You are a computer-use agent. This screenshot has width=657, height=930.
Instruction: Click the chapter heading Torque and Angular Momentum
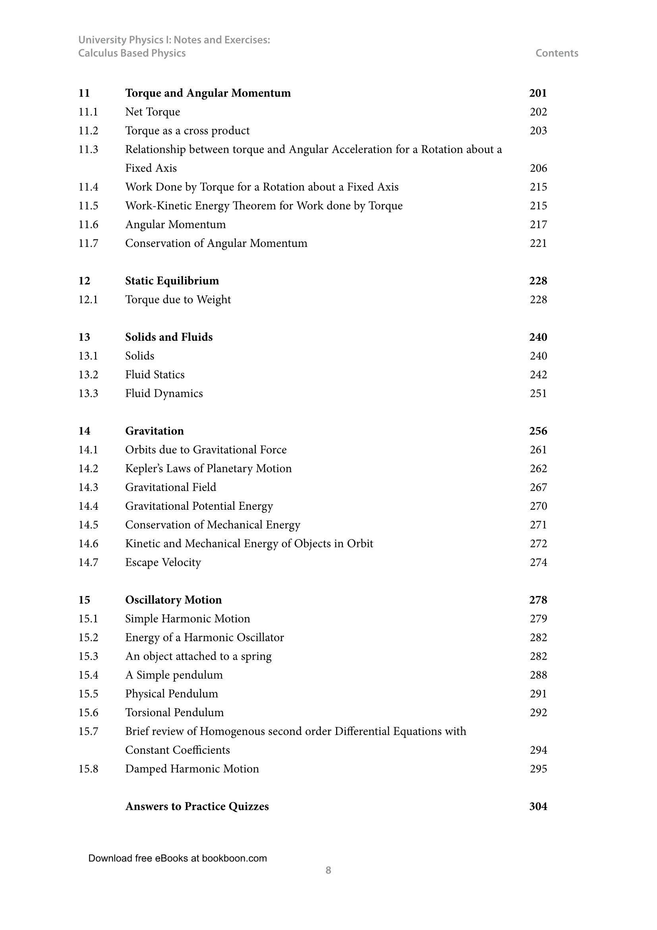click(x=207, y=93)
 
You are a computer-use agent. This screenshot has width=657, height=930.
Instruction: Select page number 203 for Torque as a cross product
click(x=538, y=131)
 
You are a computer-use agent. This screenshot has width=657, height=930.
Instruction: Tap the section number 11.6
click(x=88, y=225)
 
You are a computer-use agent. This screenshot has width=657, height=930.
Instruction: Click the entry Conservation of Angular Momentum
click(x=216, y=243)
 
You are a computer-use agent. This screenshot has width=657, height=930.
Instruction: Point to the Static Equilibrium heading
click(x=172, y=281)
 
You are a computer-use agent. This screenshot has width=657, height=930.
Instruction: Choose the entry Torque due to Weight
click(x=178, y=300)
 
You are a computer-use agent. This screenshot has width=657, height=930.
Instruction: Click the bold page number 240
click(x=538, y=338)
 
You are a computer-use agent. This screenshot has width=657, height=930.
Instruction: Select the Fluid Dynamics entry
click(x=164, y=394)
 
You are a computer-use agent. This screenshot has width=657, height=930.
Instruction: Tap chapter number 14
click(x=84, y=431)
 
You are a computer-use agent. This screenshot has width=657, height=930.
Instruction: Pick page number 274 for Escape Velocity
click(x=538, y=563)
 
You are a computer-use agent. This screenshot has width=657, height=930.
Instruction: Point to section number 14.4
click(x=88, y=506)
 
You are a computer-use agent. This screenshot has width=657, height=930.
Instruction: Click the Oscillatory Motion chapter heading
click(x=173, y=600)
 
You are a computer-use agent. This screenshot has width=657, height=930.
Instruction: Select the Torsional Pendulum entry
click(x=174, y=713)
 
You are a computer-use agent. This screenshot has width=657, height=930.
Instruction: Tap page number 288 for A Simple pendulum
click(x=538, y=675)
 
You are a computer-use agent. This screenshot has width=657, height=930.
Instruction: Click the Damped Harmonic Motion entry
click(x=192, y=769)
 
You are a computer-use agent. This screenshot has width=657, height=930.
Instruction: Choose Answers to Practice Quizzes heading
click(x=197, y=806)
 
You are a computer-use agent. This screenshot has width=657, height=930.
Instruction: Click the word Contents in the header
click(x=557, y=53)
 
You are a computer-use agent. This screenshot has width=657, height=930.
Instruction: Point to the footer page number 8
click(x=328, y=870)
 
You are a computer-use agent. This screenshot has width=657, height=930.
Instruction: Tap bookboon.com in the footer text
click(x=234, y=858)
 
